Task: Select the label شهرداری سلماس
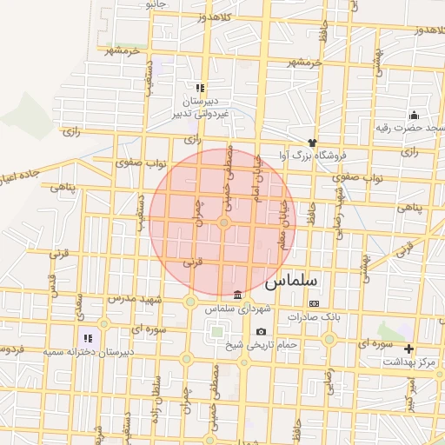(239, 309)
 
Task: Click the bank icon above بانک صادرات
(314, 303)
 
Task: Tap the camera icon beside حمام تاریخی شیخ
(261, 331)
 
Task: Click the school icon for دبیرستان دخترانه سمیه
(87, 337)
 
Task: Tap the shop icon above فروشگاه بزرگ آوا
(312, 141)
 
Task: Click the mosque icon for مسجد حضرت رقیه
(414, 115)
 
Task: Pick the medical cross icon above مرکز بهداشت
(409, 349)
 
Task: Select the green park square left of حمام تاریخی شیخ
(216, 331)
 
